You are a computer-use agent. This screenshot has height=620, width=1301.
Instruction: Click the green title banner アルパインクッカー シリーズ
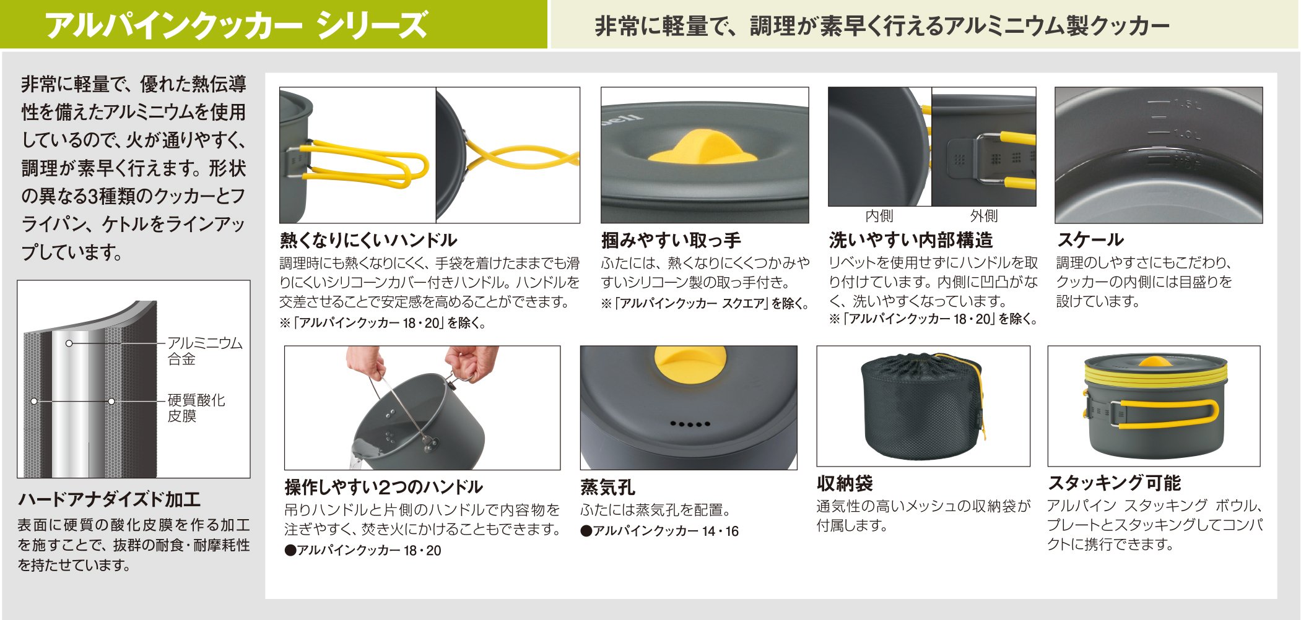point(274,24)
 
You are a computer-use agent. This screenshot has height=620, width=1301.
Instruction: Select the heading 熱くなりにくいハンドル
point(368,240)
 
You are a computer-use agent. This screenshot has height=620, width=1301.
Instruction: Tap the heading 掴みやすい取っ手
point(671,240)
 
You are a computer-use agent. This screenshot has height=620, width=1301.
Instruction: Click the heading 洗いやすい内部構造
point(910,239)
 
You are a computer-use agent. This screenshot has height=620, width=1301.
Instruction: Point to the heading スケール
point(1090,239)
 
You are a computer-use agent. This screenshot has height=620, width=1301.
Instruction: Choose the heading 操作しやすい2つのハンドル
point(383,487)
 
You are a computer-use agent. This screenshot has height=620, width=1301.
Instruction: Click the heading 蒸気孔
point(607,487)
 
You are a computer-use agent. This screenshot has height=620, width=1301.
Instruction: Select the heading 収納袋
point(845,483)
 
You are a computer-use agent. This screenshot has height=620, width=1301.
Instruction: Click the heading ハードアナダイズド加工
point(110,499)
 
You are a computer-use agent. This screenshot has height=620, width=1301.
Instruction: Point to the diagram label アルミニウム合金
point(205,351)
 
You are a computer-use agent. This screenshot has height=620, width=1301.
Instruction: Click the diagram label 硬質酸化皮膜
point(196,408)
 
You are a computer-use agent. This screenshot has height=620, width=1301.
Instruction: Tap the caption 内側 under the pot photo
point(879,216)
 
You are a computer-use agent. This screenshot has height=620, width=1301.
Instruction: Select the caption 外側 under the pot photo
point(984,216)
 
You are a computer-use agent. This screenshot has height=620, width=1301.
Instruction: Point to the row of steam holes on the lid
point(690,424)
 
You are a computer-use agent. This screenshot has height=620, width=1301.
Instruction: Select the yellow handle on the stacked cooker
point(1164,413)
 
